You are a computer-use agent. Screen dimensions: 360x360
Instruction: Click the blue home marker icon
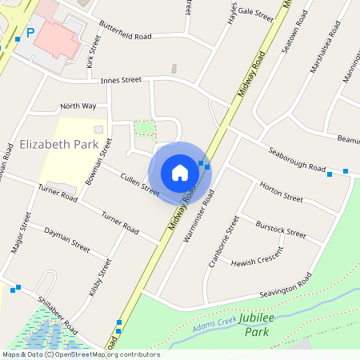click(x=180, y=172)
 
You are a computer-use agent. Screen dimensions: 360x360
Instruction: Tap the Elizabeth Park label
click(x=58, y=145)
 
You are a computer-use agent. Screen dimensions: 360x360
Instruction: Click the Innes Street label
click(x=121, y=80)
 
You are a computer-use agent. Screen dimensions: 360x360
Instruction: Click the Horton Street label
click(x=282, y=192)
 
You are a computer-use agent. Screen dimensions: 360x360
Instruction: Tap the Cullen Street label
click(x=140, y=184)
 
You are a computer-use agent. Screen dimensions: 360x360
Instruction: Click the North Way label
click(x=78, y=106)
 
